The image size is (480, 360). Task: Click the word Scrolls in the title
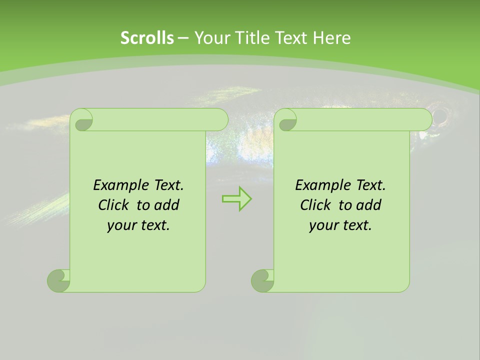click(147, 38)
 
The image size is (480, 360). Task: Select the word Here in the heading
click(331, 38)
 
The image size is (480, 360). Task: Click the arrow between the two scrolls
click(236, 199)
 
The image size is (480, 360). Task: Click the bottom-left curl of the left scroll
click(58, 280)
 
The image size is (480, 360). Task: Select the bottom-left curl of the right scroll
click(262, 280)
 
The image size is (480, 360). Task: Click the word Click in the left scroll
click(113, 205)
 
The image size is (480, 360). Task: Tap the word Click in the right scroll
click(315, 205)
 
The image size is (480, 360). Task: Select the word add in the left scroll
click(166, 205)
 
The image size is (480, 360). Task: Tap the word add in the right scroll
click(368, 205)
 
